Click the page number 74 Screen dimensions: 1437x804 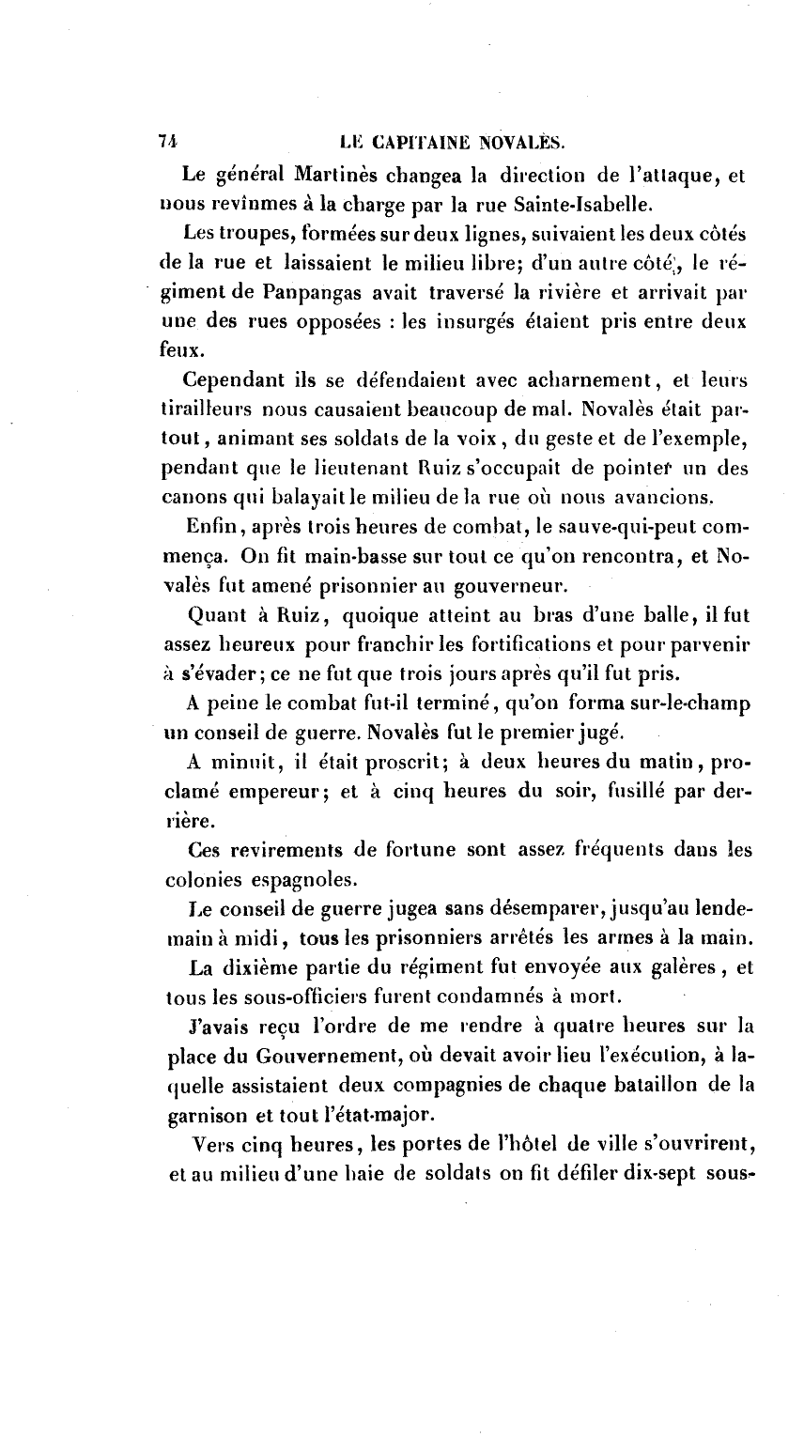(x=169, y=142)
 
